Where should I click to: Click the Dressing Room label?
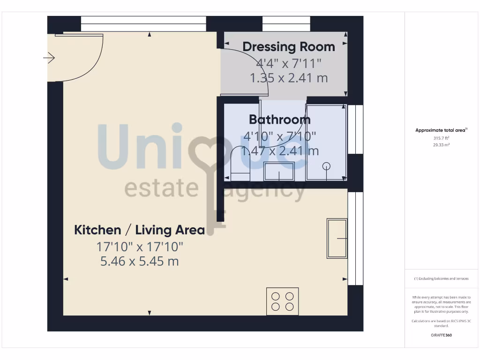[288, 47]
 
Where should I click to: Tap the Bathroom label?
[279, 120]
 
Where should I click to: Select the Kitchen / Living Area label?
[140, 230]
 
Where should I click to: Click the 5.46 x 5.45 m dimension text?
[140, 261]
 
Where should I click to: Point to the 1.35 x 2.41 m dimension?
[289, 78]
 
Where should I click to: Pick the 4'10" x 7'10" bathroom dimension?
[279, 136]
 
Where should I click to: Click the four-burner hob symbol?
[283, 301]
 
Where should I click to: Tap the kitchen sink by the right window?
[337, 239]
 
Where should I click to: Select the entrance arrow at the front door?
[49, 58]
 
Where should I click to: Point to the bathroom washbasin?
[279, 172]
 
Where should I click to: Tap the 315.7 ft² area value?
[441, 138]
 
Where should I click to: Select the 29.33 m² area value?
[441, 145]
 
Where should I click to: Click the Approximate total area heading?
[441, 130]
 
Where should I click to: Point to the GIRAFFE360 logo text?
[441, 335]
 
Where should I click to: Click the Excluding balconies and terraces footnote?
[441, 278]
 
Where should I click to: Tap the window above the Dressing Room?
[286, 24]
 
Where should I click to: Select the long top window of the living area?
[143, 24]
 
